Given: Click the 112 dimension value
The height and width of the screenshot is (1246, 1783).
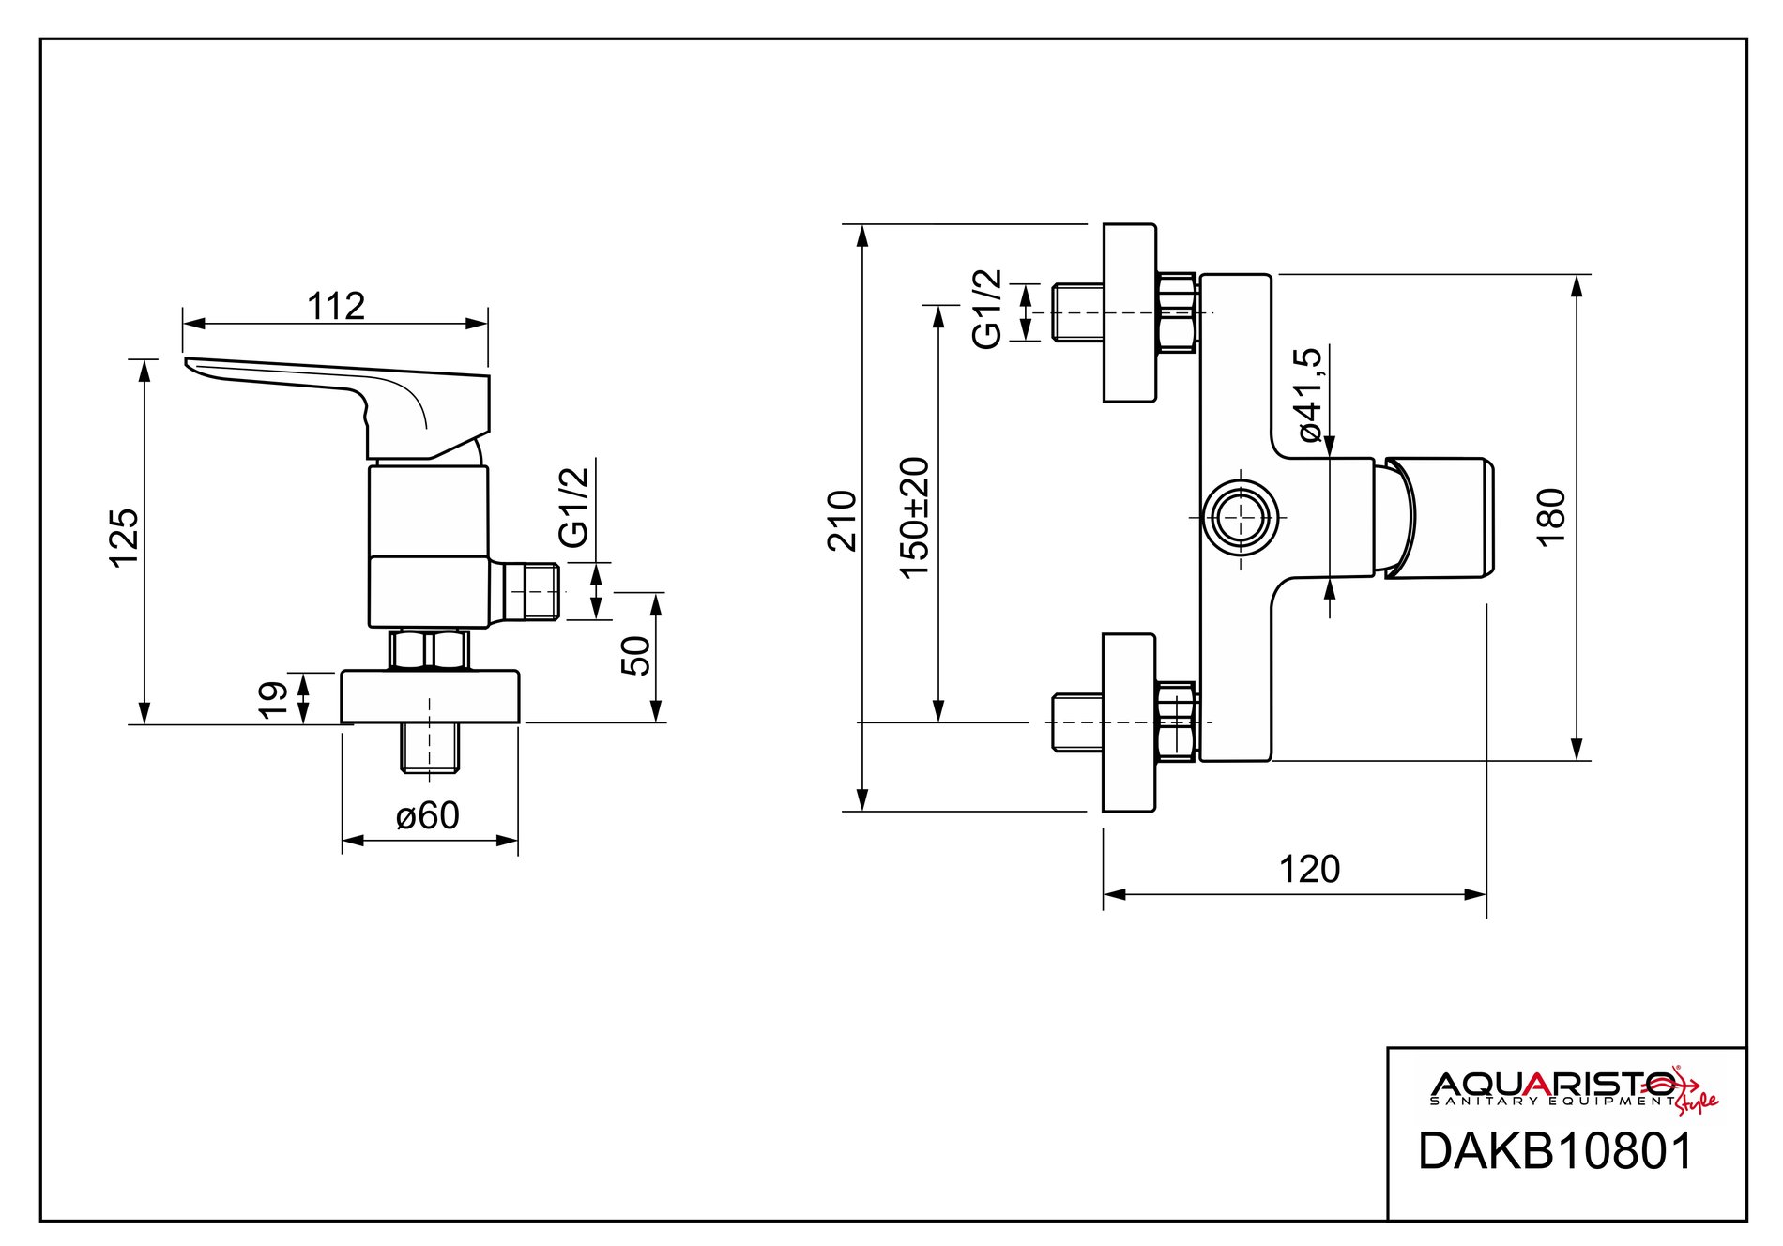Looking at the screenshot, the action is (x=336, y=306).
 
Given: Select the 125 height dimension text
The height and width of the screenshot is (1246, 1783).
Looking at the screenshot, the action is (x=125, y=538).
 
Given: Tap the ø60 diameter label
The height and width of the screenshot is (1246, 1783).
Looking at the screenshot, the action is (x=428, y=815).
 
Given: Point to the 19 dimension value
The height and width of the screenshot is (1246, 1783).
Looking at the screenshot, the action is (x=273, y=700).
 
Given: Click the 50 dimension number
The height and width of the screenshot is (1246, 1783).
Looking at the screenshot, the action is (x=635, y=655).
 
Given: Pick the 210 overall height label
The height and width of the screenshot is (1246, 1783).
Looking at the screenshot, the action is (x=842, y=520).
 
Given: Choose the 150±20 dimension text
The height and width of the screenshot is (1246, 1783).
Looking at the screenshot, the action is (x=913, y=517).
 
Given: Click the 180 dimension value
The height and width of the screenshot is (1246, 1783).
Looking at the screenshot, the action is (x=1551, y=517).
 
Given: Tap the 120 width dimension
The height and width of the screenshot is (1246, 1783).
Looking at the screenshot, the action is (x=1309, y=869).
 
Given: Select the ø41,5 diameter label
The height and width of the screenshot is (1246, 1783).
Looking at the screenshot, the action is (x=1308, y=394).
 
